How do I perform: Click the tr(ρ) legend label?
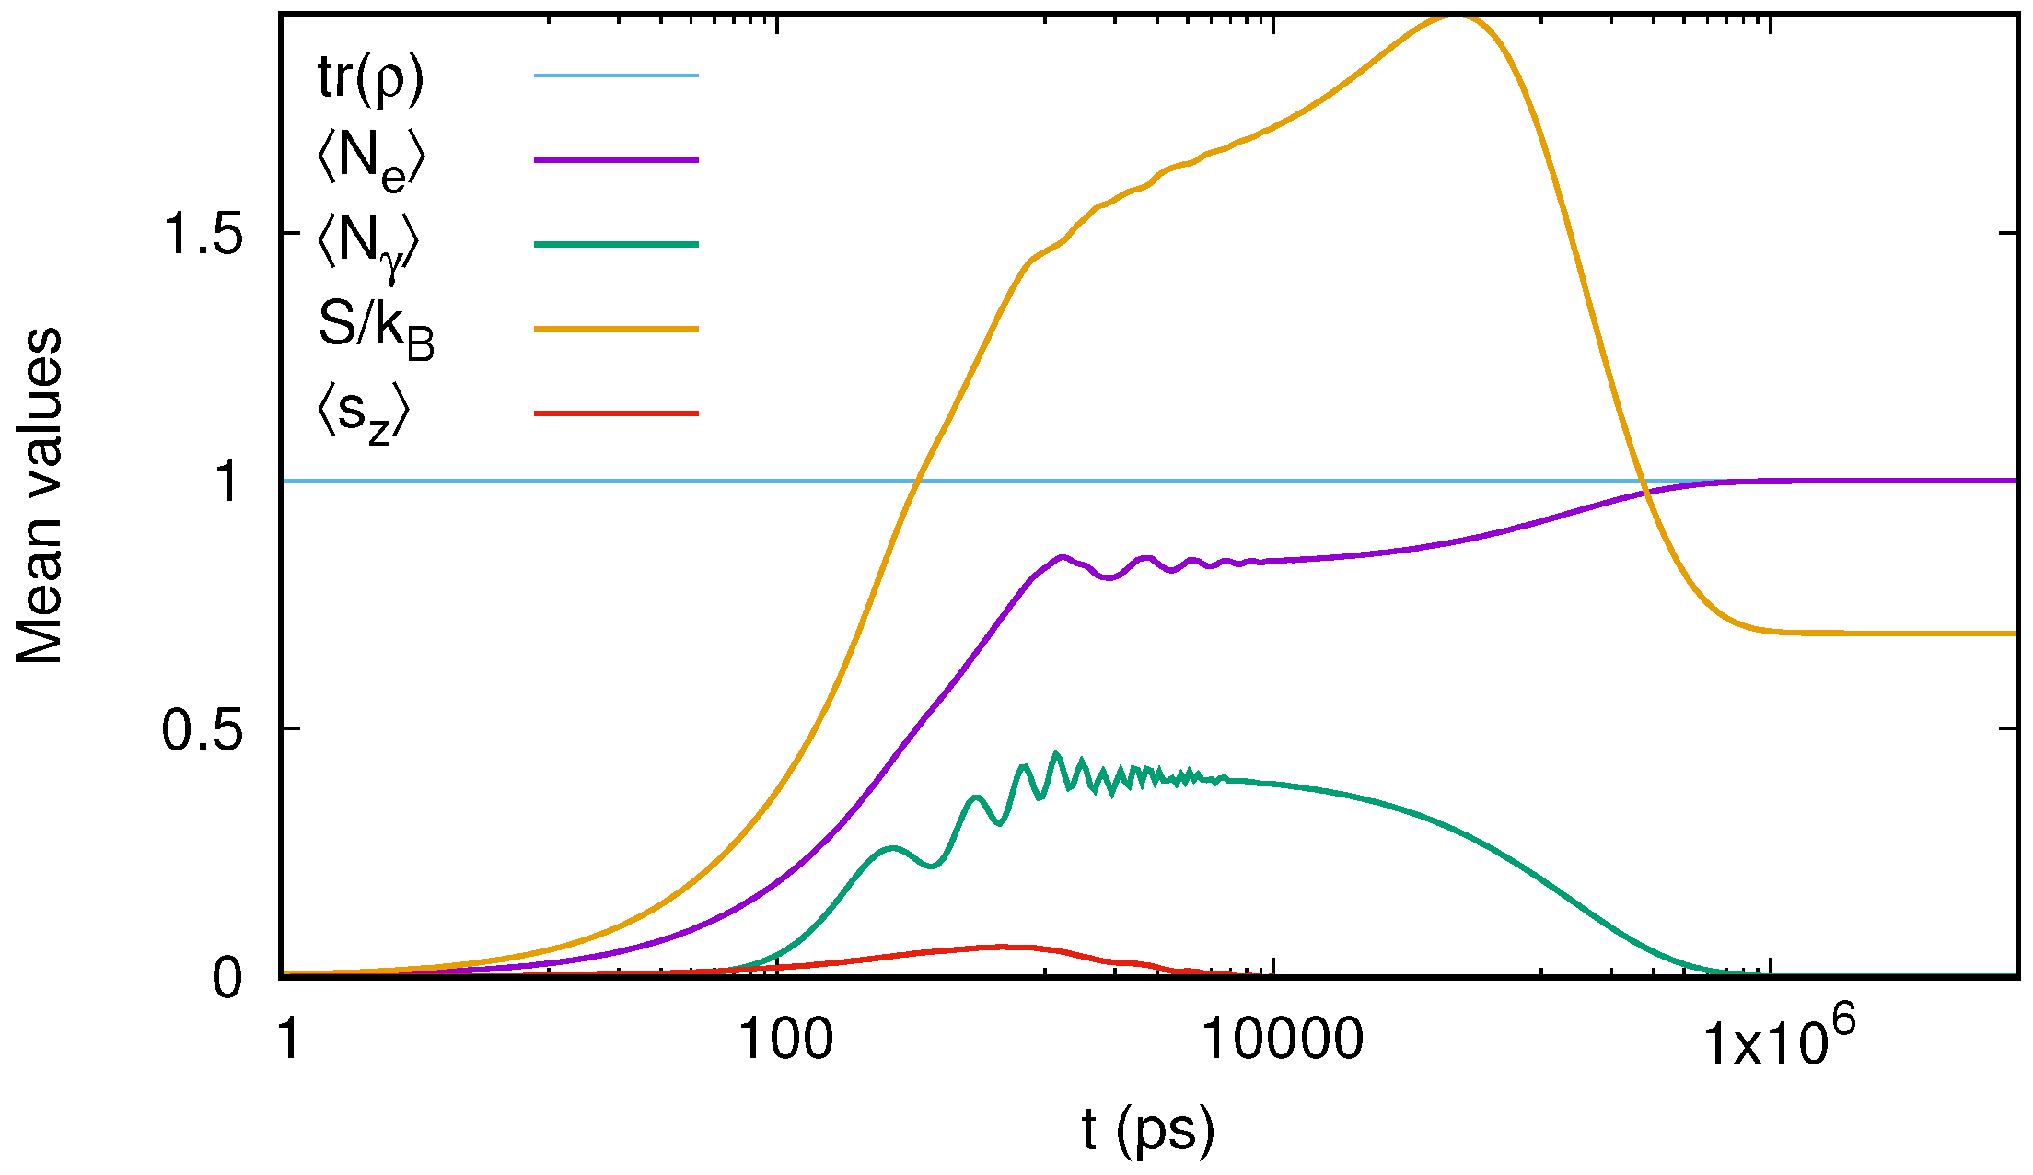(x=370, y=77)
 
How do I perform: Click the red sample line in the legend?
(x=616, y=413)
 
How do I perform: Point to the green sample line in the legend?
(x=616, y=244)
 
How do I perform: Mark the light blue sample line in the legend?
(x=616, y=75)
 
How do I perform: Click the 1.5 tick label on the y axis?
(x=203, y=234)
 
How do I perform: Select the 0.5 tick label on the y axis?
(x=203, y=730)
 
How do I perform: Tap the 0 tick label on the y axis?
(x=227, y=977)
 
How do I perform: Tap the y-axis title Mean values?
(x=39, y=495)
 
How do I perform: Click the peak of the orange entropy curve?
(x=1455, y=17)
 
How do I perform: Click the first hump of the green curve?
(x=891, y=846)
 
